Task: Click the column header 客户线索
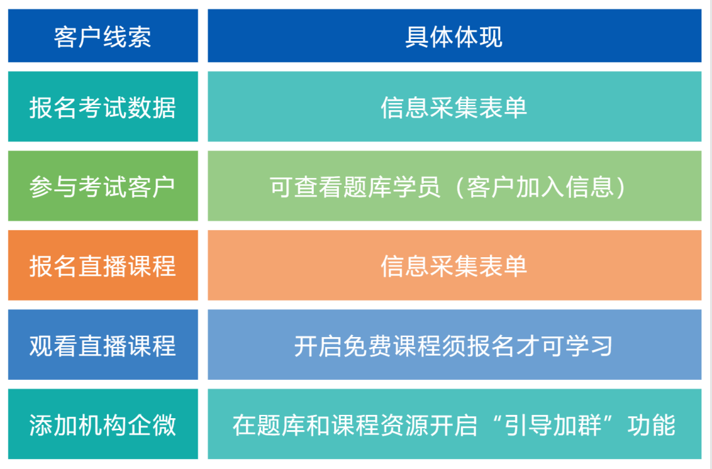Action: [x=103, y=36]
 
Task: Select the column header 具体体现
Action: [x=454, y=36]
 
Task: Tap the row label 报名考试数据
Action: [x=103, y=108]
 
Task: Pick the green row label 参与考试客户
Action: [x=103, y=187]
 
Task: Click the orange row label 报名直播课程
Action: [x=103, y=266]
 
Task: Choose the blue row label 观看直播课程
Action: [x=103, y=345]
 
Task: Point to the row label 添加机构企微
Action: [x=103, y=424]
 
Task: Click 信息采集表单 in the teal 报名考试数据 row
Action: [x=454, y=108]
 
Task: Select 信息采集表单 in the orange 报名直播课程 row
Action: [x=454, y=266]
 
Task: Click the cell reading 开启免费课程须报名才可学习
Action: [x=454, y=345]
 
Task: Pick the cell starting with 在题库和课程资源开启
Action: [x=454, y=424]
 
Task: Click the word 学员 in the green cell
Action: [x=417, y=187]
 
